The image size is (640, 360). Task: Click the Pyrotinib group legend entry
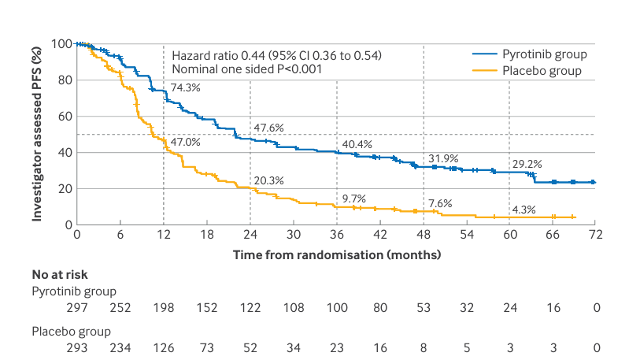click(542, 54)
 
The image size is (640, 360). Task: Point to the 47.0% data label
click(185, 143)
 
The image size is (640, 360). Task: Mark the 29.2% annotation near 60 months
click(527, 165)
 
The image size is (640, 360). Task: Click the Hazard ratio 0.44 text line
click(276, 55)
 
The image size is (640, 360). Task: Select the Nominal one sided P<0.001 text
click(247, 69)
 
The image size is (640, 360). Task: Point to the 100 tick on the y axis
click(62, 43)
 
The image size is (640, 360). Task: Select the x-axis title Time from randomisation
click(337, 255)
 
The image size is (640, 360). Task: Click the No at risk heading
click(60, 275)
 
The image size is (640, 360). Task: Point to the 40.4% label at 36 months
click(357, 144)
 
